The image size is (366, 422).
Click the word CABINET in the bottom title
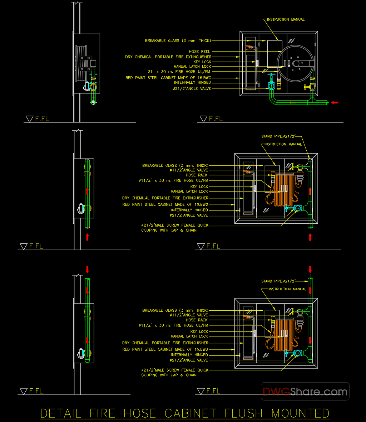(x=190, y=413)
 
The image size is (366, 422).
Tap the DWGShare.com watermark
(x=305, y=392)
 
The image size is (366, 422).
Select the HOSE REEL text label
(x=199, y=52)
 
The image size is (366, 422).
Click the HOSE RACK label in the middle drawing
(x=197, y=175)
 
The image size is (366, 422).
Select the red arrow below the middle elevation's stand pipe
(x=310, y=237)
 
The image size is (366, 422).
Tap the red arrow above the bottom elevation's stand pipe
(x=310, y=269)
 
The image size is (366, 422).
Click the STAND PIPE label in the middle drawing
(x=278, y=136)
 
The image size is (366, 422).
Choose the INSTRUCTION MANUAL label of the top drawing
(x=286, y=20)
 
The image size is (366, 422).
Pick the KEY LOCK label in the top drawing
(x=202, y=62)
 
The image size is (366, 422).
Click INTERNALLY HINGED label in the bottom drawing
(x=189, y=355)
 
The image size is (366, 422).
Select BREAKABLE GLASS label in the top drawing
(x=178, y=41)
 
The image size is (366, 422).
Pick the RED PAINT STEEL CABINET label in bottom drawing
(x=165, y=349)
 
